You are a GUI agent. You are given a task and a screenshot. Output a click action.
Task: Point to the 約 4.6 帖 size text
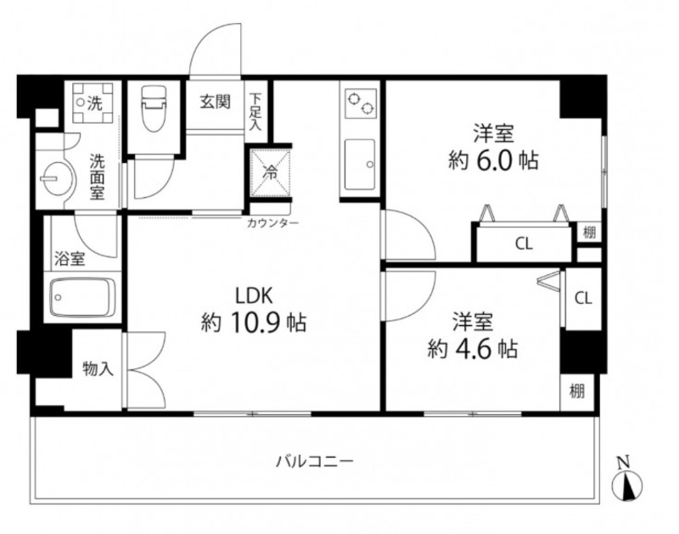tap(473, 348)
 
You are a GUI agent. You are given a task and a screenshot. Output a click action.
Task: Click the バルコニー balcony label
tap(315, 462)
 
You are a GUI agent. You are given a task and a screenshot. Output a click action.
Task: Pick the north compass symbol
tap(626, 483)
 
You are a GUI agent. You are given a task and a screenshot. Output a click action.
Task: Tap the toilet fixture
tap(154, 110)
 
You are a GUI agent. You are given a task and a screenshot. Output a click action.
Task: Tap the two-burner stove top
tap(360, 106)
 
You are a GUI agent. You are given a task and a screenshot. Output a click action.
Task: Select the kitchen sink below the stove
tap(360, 164)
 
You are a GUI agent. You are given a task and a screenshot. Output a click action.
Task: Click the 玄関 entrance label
tap(216, 103)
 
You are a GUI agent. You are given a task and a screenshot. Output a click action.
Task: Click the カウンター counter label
tap(272, 223)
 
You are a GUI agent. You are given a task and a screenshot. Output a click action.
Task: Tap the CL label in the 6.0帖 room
tap(524, 245)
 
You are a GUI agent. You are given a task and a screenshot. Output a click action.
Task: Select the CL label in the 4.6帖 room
tap(582, 298)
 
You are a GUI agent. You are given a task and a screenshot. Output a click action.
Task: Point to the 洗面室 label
tap(98, 176)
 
